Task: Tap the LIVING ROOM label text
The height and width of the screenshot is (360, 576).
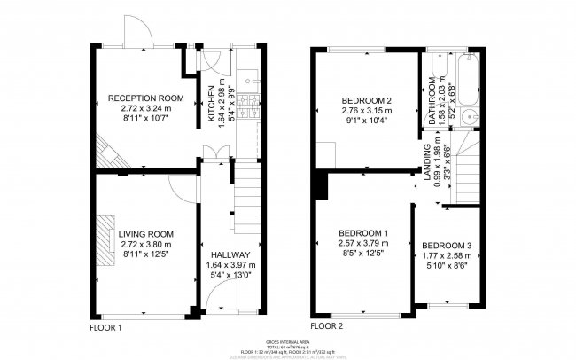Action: point(144,235)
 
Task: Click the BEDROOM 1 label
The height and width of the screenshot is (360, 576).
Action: point(363,233)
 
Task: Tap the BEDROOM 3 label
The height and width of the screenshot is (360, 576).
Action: point(447,245)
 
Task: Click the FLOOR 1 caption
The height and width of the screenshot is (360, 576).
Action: point(106,327)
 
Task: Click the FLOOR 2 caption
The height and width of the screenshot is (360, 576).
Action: point(327,327)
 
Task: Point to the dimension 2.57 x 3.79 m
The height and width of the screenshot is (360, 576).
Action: point(363,244)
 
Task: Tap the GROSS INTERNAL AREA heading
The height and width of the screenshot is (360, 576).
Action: point(288,340)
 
